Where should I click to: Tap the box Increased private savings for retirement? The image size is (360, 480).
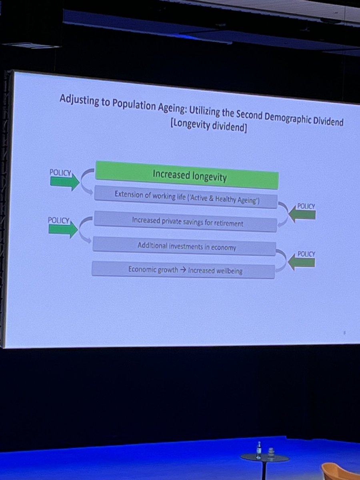point(184,222)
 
